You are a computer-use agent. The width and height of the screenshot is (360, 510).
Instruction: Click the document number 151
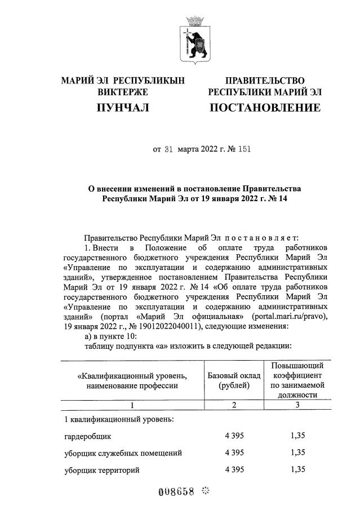tap(244, 150)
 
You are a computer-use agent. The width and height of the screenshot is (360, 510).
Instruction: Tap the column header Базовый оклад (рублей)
tap(234, 380)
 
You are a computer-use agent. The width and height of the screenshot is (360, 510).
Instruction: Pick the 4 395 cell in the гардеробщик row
tap(234, 436)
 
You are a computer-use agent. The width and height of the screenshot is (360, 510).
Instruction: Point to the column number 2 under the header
tap(234, 404)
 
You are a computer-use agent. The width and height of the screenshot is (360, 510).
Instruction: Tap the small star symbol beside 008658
tap(206, 491)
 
